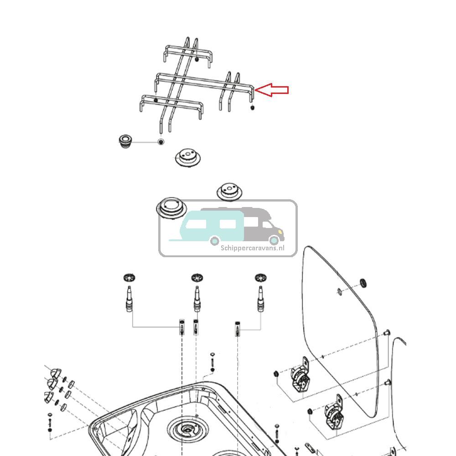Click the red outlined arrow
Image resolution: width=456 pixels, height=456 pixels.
coord(272,90)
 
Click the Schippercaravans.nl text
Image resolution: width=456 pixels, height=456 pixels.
coord(252,248)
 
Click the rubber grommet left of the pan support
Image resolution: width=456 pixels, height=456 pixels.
coord(124,141)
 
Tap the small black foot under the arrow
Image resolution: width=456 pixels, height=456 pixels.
coord(252,108)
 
